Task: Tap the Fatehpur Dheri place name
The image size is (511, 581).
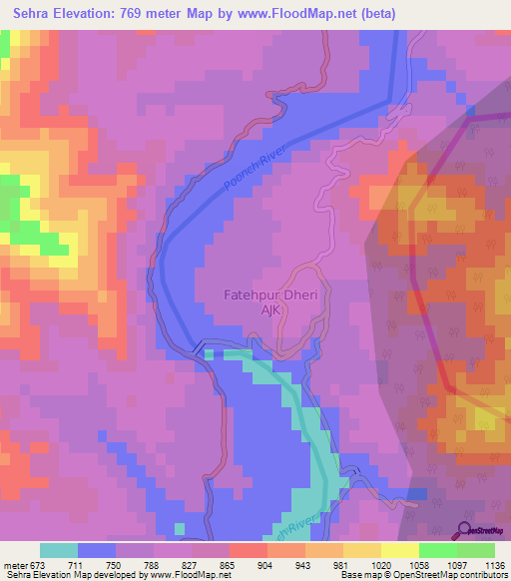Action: [255, 295]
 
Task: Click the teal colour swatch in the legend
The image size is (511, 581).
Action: [59, 550]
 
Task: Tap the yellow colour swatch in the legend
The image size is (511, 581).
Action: [399, 550]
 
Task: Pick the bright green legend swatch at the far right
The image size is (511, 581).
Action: [475, 550]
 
